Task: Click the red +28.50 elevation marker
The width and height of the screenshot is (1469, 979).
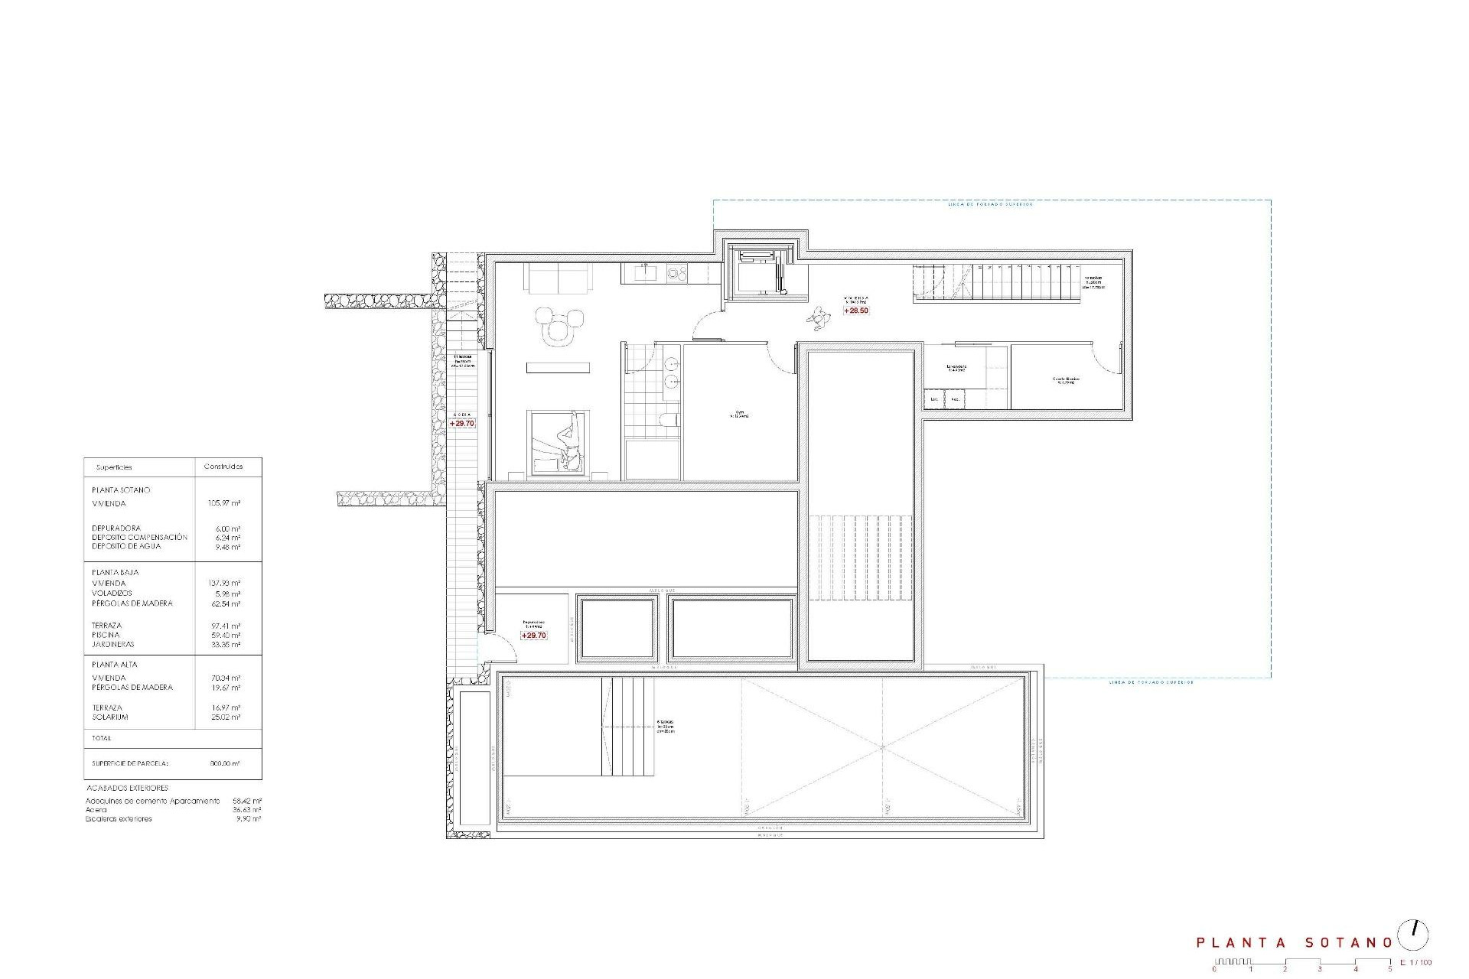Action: click(856, 311)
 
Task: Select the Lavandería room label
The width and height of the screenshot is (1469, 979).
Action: click(956, 367)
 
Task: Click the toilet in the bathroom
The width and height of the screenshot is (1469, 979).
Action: click(668, 418)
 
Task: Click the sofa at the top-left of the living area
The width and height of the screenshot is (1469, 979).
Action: click(559, 278)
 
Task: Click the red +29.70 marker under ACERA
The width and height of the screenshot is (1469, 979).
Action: click(462, 423)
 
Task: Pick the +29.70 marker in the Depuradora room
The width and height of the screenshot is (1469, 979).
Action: click(534, 636)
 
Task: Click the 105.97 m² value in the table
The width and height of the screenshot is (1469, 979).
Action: click(224, 504)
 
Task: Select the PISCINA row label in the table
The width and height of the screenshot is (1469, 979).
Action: click(106, 635)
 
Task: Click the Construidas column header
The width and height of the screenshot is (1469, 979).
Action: click(223, 467)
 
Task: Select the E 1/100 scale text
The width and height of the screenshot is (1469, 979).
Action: click(1415, 962)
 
